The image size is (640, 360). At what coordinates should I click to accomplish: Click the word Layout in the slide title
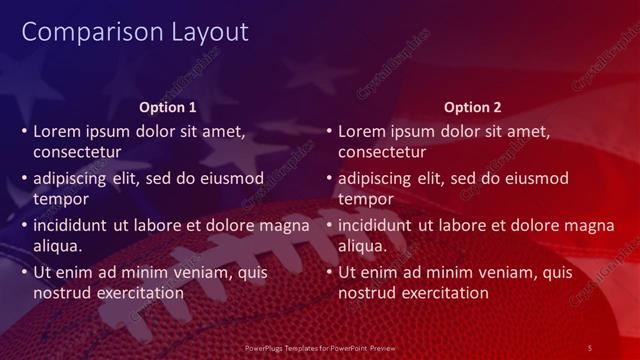click(x=204, y=32)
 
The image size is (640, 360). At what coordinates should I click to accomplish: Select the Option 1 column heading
click(x=168, y=107)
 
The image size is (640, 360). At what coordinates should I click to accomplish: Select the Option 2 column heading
click(x=473, y=107)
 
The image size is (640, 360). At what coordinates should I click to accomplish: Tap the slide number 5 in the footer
click(x=590, y=347)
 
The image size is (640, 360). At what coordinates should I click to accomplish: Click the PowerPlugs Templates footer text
click(x=320, y=347)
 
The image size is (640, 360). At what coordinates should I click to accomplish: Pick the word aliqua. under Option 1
click(x=57, y=246)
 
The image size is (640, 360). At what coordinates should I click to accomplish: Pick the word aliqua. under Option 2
click(x=362, y=246)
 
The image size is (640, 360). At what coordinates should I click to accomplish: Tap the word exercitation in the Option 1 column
click(x=136, y=293)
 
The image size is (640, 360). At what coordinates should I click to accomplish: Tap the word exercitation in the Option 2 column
click(x=441, y=293)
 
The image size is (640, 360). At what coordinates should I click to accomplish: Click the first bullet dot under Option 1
click(x=23, y=131)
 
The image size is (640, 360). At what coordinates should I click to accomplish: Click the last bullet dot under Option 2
click(x=328, y=272)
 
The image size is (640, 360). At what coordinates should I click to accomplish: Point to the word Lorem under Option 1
click(x=56, y=131)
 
